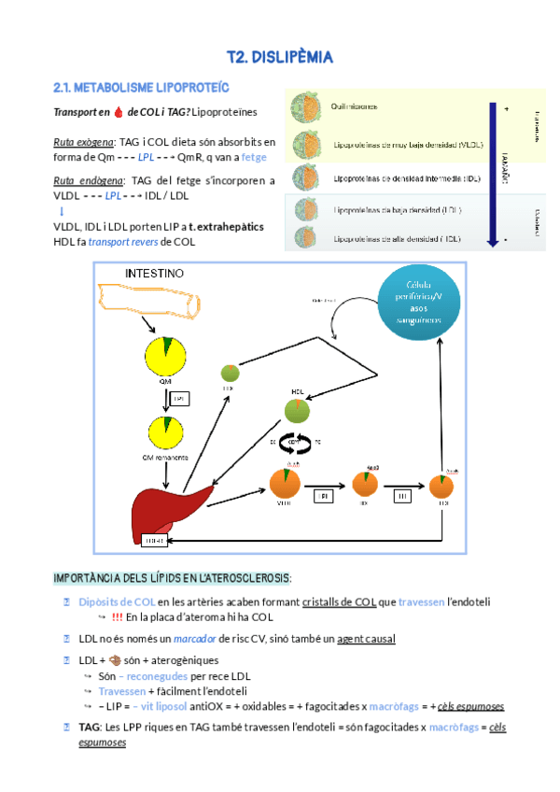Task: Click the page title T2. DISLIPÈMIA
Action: tap(280, 58)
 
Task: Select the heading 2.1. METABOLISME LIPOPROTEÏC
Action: tap(127, 88)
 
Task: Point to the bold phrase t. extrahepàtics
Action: tap(226, 227)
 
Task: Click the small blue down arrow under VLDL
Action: tap(61, 212)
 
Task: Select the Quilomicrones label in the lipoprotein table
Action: tap(354, 106)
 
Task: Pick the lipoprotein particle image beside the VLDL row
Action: tap(305, 143)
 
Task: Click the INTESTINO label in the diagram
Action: tap(155, 273)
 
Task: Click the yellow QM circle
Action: tap(164, 355)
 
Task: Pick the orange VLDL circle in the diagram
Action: tap(286, 484)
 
